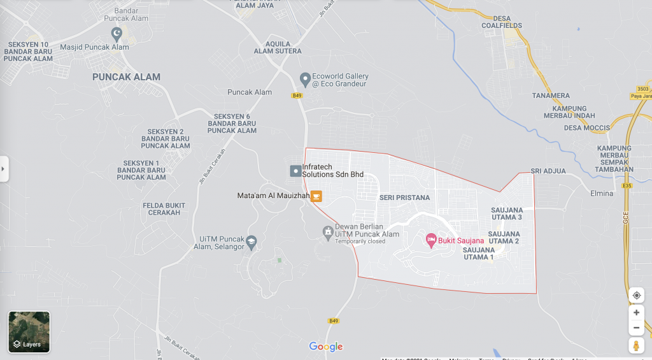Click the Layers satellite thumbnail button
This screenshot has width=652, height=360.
[x=29, y=332]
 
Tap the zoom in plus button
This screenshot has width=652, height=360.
[x=636, y=312]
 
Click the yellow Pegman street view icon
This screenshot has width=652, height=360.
[x=636, y=345]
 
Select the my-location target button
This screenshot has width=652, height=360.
[x=636, y=296]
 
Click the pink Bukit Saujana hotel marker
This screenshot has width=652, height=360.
[x=430, y=240]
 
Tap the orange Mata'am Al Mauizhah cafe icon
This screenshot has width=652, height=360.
[x=316, y=196]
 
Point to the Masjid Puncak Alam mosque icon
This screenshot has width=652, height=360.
[x=117, y=34]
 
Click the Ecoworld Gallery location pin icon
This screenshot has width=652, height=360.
[x=305, y=79]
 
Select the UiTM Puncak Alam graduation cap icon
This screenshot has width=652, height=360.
[x=252, y=240]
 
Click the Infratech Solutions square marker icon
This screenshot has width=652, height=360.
[x=295, y=171]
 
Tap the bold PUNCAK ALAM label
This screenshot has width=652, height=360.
[x=126, y=77]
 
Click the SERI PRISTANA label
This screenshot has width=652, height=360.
[x=404, y=198]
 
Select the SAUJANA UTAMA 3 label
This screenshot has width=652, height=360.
[x=507, y=213]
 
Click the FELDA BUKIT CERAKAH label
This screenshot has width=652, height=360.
[x=164, y=209]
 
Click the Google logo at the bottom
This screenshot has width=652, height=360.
[x=325, y=347]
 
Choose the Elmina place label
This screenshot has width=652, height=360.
[x=602, y=193]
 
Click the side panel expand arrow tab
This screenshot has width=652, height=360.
[x=4, y=169]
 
